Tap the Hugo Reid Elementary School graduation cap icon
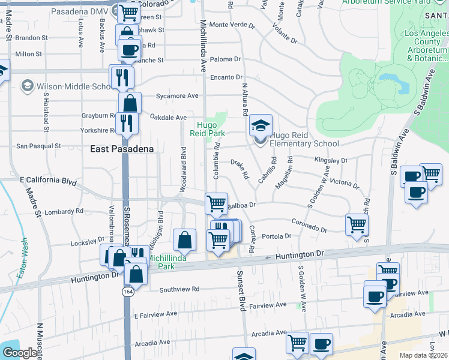pyautogui.click(x=261, y=125)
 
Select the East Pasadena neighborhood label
pyautogui.click(x=122, y=149)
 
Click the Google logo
pyautogui.click(x=19, y=353)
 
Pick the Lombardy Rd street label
pyautogui.click(x=62, y=211)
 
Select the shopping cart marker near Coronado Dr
pyautogui.click(x=357, y=224)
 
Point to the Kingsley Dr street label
pyautogui.click(x=331, y=161)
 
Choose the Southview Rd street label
pyautogui.click(x=179, y=289)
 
